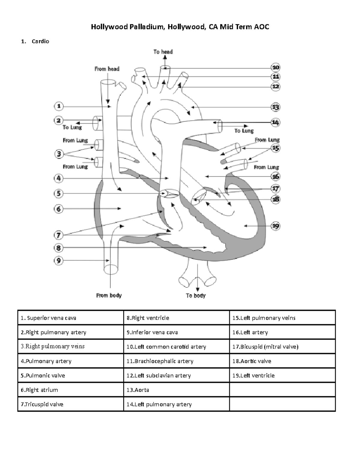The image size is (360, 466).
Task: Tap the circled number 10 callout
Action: point(275,68)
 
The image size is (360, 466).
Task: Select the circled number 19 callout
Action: point(275,226)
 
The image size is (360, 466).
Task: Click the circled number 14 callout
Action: point(275,122)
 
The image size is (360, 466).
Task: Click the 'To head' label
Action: point(163,52)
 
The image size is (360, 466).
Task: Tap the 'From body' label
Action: point(109,296)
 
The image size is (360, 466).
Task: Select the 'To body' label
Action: point(196,296)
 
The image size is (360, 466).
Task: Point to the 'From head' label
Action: point(107,69)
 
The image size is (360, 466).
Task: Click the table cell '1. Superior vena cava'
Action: point(70,318)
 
